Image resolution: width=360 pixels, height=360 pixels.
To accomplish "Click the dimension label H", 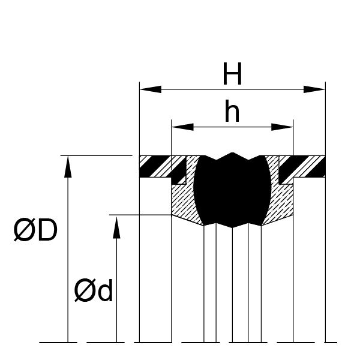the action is click(232, 73).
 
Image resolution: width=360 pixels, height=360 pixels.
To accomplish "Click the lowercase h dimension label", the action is click(232, 111).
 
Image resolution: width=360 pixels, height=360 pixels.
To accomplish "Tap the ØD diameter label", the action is click(35, 230).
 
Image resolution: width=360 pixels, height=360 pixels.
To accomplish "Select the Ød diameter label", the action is click(94, 290).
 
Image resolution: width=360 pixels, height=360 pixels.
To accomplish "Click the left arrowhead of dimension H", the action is click(151, 89).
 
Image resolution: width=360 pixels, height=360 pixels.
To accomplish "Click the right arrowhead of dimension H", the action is click(314, 89).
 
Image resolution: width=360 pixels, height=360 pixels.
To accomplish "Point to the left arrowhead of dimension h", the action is click(183, 127).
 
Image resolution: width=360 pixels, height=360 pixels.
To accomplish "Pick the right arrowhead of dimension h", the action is click(282, 127).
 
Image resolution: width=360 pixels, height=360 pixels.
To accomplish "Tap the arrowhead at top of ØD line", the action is click(68, 167).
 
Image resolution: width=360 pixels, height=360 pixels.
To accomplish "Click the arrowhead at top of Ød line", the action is click(116, 227).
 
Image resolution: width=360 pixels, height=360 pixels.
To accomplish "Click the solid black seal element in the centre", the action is click(232, 190).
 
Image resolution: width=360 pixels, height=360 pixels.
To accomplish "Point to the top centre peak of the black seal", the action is click(232, 152).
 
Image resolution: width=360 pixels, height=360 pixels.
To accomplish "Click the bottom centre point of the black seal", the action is click(232, 228).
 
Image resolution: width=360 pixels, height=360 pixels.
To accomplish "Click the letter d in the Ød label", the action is click(106, 290).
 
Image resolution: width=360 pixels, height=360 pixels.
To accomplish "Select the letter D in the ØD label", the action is click(48, 230).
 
